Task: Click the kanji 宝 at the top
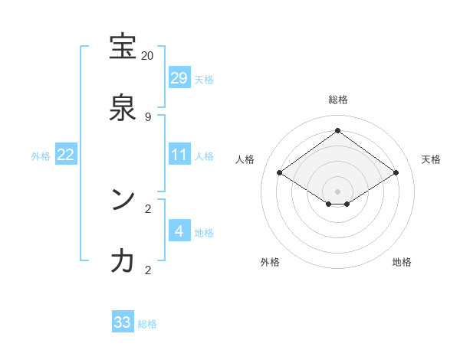[123, 47]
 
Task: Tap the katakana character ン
[123, 201]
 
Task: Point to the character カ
[123, 262]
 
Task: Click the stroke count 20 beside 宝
[147, 56]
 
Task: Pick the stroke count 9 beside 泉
[147, 117]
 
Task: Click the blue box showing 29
[179, 78]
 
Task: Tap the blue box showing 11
[179, 155]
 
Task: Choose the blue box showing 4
[179, 231]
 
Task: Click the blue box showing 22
[66, 155]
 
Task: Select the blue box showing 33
[123, 322]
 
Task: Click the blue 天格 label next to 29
[204, 80]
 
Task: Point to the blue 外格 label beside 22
[41, 156]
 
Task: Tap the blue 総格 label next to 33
[147, 324]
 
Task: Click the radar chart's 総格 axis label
[337, 100]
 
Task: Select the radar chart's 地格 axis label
[402, 262]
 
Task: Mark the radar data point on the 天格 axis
[396, 173]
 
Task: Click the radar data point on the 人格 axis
[279, 173]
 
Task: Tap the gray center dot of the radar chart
[337, 191]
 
